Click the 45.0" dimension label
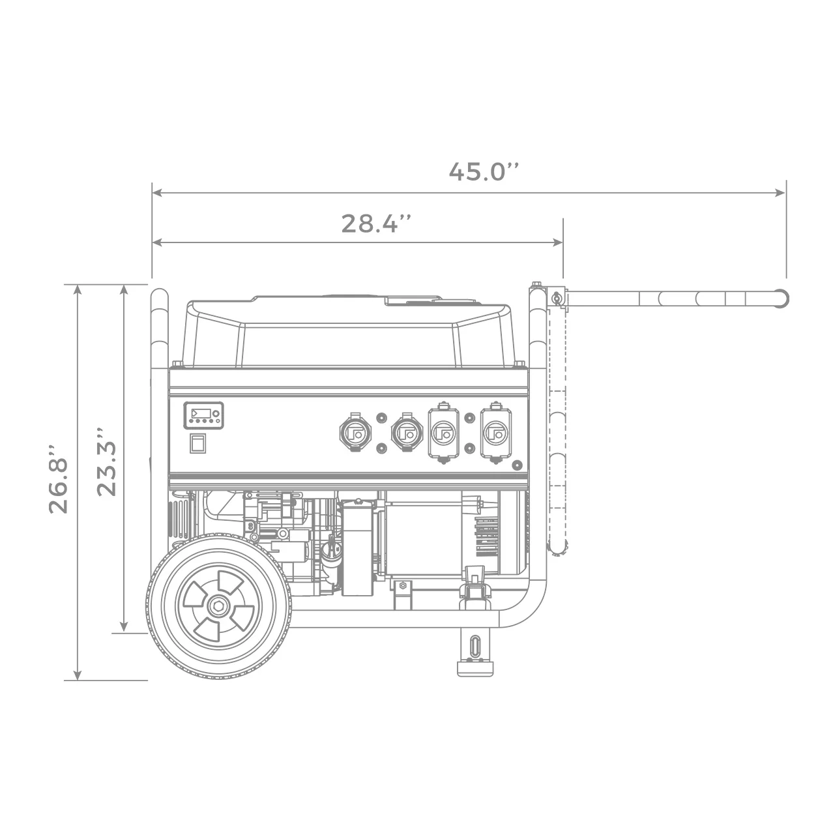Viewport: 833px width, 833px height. click(484, 171)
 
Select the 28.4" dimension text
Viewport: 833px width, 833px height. click(377, 224)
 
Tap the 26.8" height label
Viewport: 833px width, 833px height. click(59, 479)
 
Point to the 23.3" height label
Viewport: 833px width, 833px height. click(106, 462)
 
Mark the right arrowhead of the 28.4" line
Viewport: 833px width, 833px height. click(557, 242)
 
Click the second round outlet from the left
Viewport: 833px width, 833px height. click(406, 431)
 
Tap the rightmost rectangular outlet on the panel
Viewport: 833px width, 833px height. click(496, 433)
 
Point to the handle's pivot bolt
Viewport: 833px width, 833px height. click(555, 299)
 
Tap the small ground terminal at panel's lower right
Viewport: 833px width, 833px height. click(517, 465)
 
